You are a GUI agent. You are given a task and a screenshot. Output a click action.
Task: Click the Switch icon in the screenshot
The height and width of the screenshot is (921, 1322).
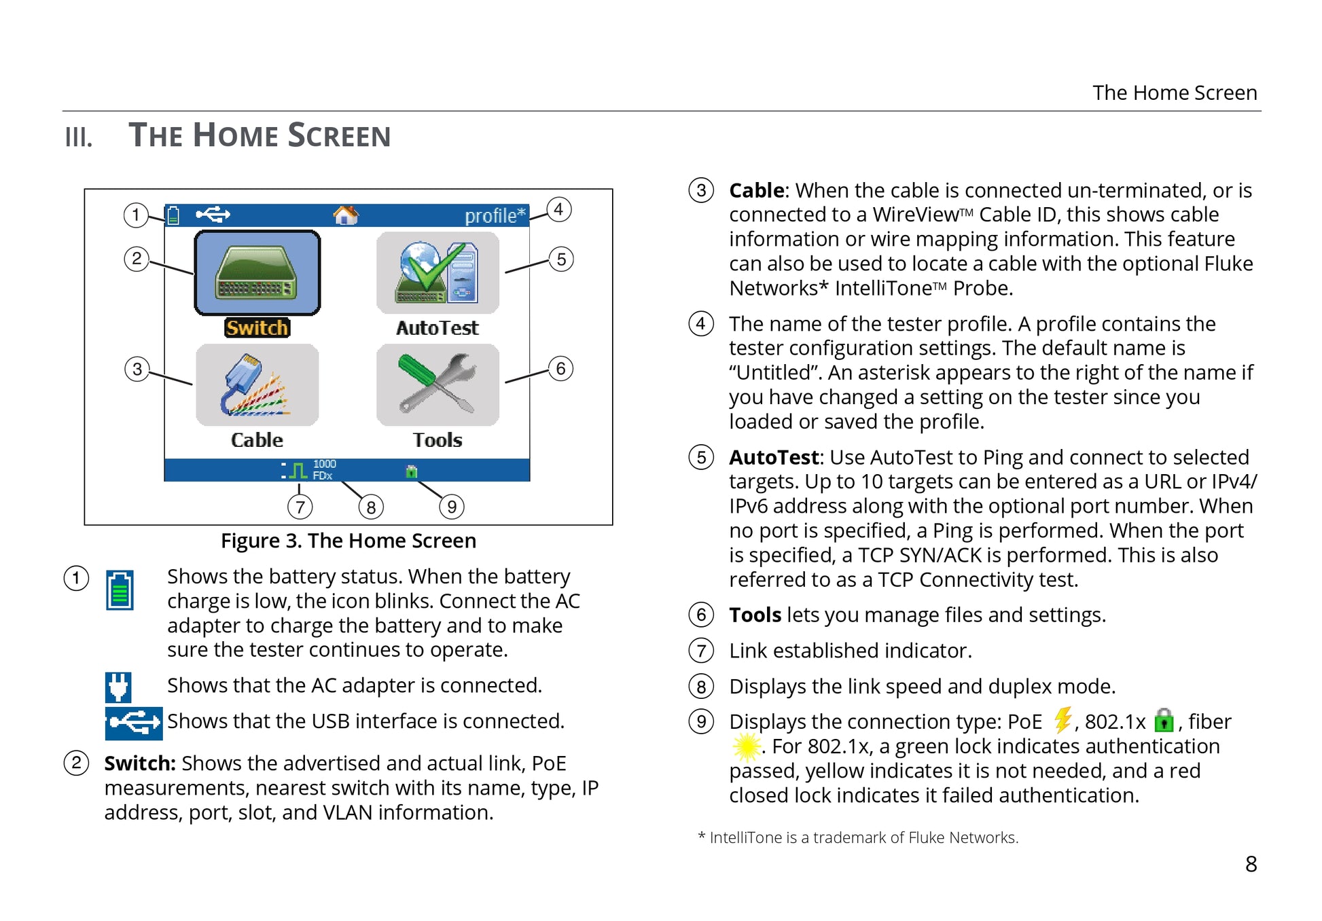pyautogui.click(x=257, y=273)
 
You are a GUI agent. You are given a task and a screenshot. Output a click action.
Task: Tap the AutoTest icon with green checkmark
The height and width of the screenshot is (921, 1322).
pyautogui.click(x=437, y=273)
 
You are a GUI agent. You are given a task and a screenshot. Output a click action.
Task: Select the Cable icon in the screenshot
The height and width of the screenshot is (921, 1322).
pyautogui.click(x=257, y=385)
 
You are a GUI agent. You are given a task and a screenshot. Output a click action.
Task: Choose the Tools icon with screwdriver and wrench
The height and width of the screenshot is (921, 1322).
pyautogui.click(x=437, y=385)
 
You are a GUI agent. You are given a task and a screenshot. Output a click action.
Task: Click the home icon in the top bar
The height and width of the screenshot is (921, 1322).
pyautogui.click(x=345, y=215)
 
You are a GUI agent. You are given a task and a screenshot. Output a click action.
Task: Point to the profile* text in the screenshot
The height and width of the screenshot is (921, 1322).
pyautogui.click(x=495, y=216)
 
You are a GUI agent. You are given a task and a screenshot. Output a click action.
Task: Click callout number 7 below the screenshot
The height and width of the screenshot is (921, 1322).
pyautogui.click(x=300, y=507)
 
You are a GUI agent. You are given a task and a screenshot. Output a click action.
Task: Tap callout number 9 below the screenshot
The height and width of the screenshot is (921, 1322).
pyautogui.click(x=452, y=507)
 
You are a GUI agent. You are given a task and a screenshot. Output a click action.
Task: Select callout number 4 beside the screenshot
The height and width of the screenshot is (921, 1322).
pyautogui.click(x=558, y=209)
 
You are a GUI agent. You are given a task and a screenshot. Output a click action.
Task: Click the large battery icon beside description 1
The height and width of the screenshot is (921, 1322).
pyautogui.click(x=120, y=590)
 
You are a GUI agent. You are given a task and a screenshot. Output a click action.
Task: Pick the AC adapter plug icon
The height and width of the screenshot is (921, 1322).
pyautogui.click(x=118, y=687)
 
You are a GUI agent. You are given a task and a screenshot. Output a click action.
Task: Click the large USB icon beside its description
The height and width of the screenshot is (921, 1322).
pyautogui.click(x=134, y=723)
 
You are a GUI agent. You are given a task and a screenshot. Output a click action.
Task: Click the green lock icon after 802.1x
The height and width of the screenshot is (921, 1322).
pyautogui.click(x=1164, y=720)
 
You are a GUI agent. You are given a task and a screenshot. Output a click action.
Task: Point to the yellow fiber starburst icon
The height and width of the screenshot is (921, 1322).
pyautogui.click(x=747, y=746)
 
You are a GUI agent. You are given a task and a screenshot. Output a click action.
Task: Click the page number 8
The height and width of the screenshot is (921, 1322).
pyautogui.click(x=1251, y=864)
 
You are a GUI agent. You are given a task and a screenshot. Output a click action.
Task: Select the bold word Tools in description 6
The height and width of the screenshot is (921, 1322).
pyautogui.click(x=755, y=615)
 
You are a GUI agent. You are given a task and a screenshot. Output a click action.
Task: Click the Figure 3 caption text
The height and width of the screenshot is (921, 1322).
pyautogui.click(x=349, y=541)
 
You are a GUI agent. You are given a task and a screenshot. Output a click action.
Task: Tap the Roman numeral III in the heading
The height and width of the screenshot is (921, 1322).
pyautogui.click(x=78, y=137)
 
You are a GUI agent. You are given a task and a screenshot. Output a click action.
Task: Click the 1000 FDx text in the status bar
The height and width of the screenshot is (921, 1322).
pyautogui.click(x=324, y=469)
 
